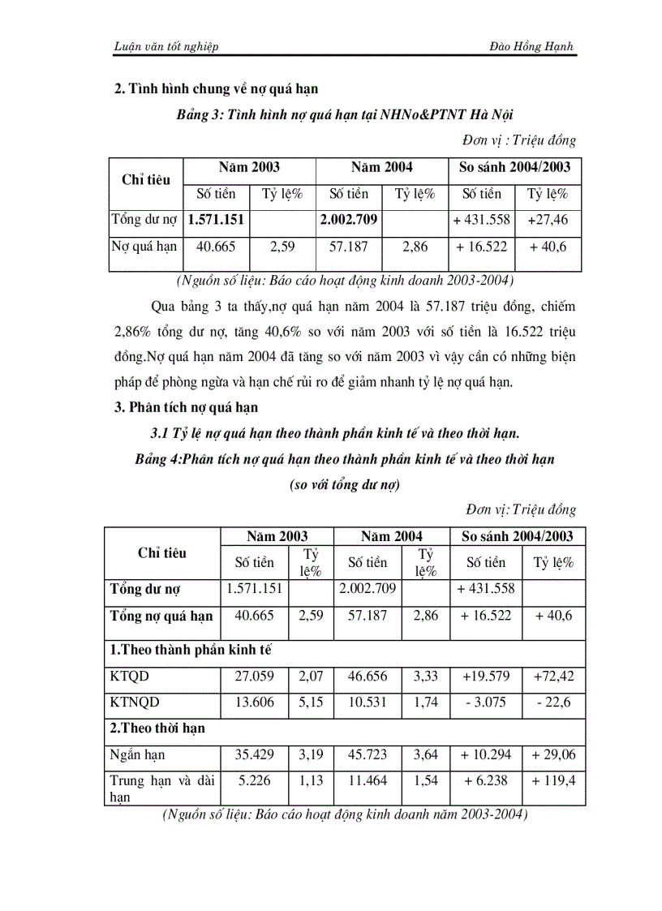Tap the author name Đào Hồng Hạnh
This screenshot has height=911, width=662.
[535, 47]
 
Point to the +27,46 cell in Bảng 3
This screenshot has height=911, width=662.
[548, 220]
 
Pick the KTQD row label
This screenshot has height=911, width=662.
[130, 676]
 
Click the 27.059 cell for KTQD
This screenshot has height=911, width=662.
[255, 676]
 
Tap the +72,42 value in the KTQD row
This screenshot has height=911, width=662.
[552, 676]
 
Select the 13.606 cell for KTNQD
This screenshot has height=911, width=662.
[255, 702]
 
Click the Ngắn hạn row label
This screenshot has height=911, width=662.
[137, 754]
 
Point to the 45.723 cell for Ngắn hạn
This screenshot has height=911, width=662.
[368, 754]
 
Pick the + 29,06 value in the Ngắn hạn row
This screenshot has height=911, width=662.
[552, 754]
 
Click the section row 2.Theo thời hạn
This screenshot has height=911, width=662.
[157, 728]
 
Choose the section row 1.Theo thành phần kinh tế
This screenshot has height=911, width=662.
[190, 650]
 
